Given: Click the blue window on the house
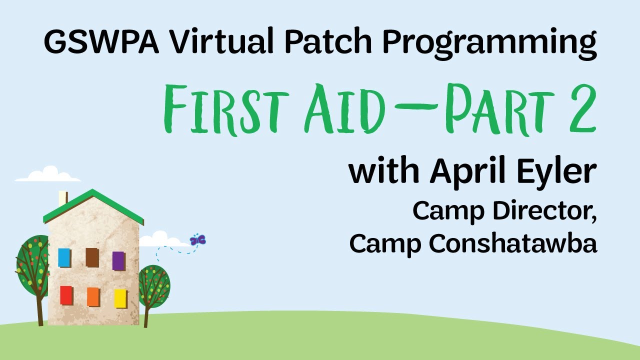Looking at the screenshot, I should [64, 257].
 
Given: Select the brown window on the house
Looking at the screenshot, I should [92, 257].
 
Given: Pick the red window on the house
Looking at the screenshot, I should [66, 295].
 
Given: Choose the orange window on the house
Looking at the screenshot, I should [93, 297].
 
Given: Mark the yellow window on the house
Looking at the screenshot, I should [120, 298].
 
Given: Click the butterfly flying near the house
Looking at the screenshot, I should [198, 240].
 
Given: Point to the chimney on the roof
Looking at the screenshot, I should [63, 198].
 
